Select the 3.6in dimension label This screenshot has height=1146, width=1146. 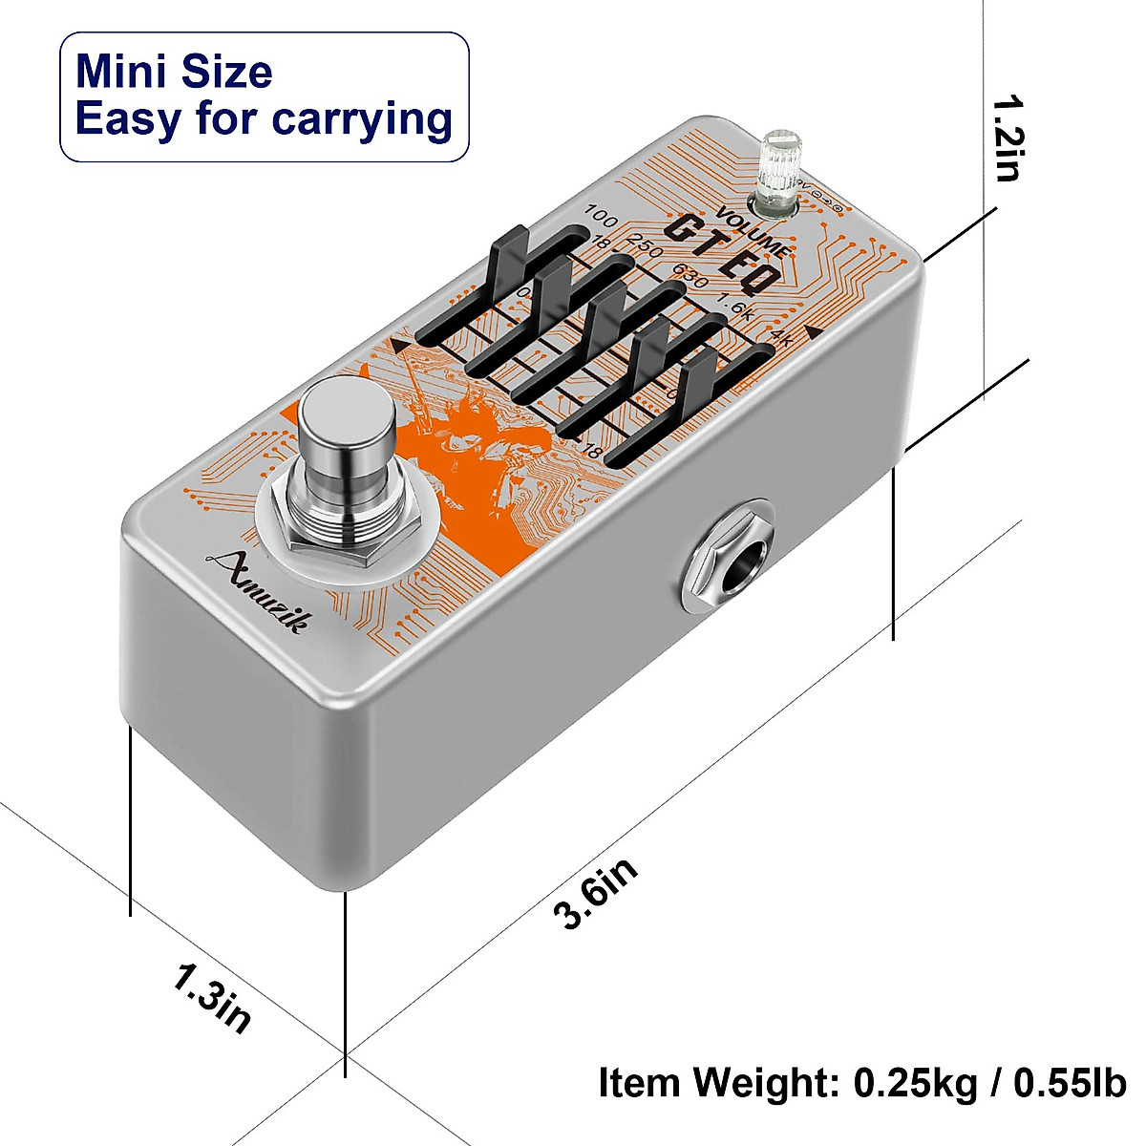[x=596, y=893]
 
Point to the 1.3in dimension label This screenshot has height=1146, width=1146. [x=212, y=998]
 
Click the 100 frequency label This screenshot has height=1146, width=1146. [x=602, y=211]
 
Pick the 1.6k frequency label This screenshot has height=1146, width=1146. [x=735, y=309]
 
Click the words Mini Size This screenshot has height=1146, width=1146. [x=174, y=73]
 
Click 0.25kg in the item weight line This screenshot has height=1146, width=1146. [x=915, y=1083]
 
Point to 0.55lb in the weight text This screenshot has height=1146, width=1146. [x=1070, y=1083]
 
